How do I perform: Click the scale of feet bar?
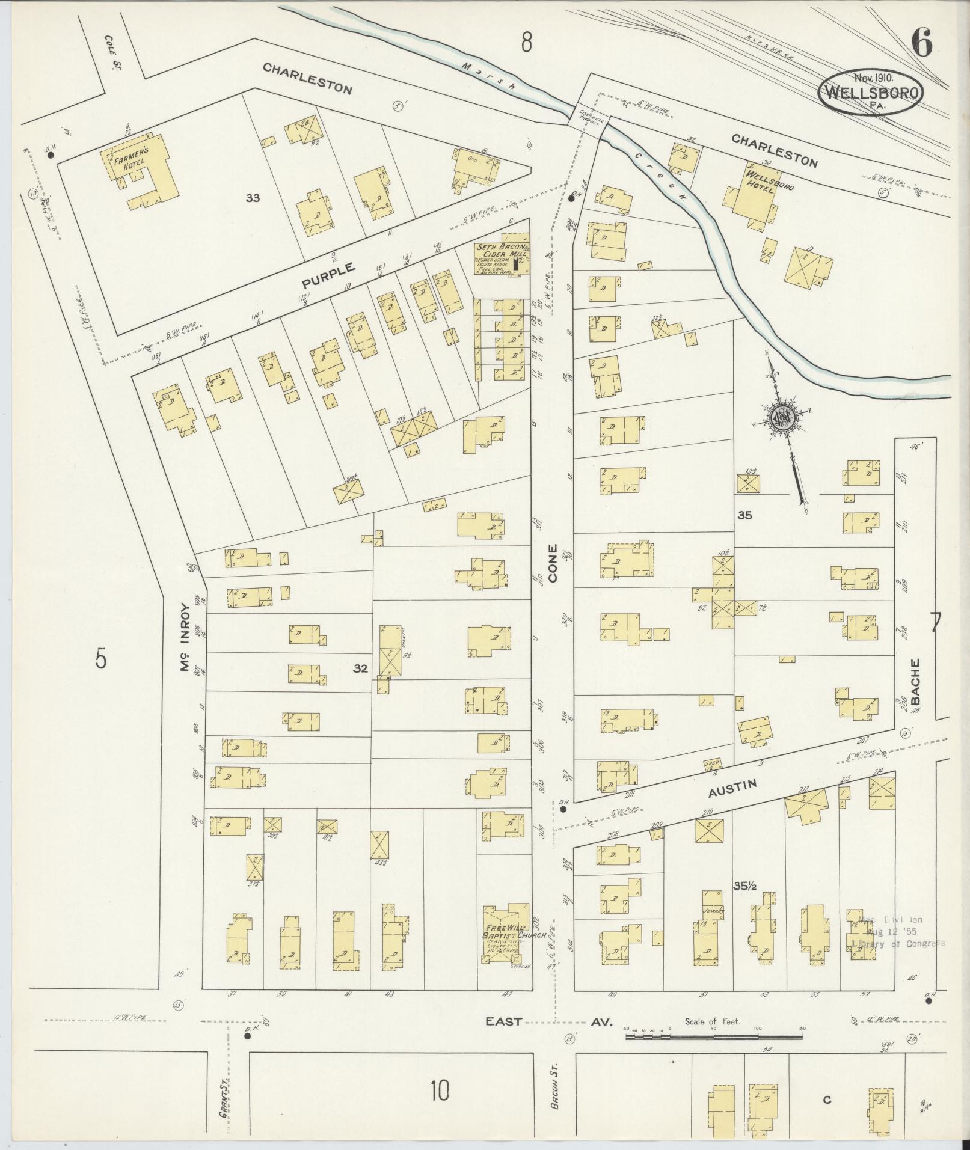click(x=714, y=1036)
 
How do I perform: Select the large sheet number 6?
click(x=922, y=42)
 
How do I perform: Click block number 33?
click(x=253, y=197)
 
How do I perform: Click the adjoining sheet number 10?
click(x=440, y=1090)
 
